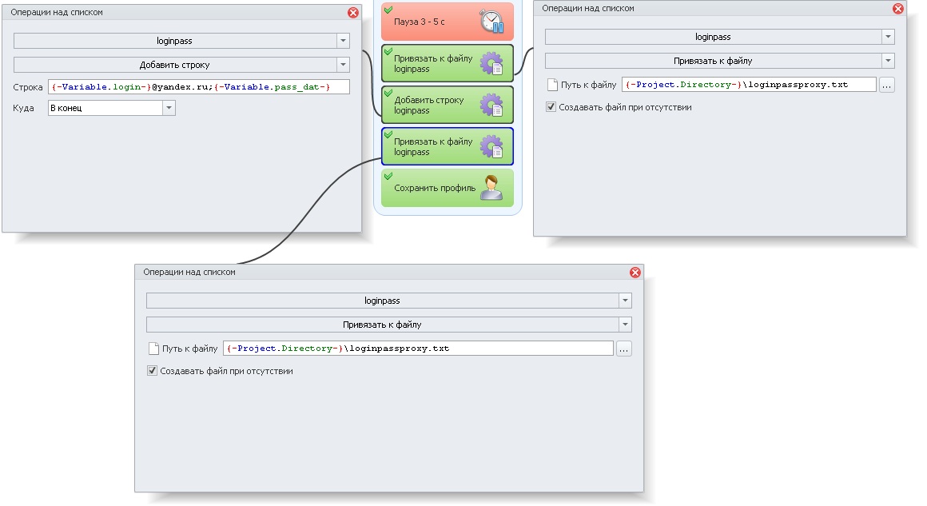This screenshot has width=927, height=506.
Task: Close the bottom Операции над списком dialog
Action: [x=635, y=272]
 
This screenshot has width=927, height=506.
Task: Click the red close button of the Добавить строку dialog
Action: [x=353, y=13]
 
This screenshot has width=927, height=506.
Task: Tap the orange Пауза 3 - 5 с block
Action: [x=448, y=22]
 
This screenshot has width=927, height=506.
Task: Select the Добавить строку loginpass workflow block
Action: [x=448, y=105]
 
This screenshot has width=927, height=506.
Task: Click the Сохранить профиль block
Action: [x=448, y=188]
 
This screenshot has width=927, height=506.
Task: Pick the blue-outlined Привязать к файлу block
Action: [x=448, y=146]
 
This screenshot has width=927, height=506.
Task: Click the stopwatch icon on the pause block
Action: [x=491, y=22]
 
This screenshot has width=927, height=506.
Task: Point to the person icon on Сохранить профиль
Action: [x=491, y=187]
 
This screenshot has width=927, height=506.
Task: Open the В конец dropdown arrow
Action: [x=169, y=108]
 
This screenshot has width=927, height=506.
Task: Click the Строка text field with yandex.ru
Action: [x=199, y=87]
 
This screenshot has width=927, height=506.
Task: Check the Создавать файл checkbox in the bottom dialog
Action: [x=152, y=371]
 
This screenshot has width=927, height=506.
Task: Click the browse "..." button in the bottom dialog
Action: [x=623, y=349]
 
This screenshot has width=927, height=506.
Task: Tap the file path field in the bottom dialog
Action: [x=418, y=349]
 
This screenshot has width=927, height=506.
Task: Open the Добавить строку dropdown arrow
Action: [x=344, y=65]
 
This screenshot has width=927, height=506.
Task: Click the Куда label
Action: [x=23, y=108]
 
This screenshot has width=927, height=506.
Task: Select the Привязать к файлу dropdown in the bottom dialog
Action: [x=389, y=325]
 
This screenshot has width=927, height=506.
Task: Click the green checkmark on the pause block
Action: [x=388, y=10]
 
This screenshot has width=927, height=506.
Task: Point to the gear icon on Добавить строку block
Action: [x=491, y=105]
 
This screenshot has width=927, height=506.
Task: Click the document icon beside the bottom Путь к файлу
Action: [x=153, y=349]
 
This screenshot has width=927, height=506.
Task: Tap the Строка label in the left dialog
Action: [x=28, y=87]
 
